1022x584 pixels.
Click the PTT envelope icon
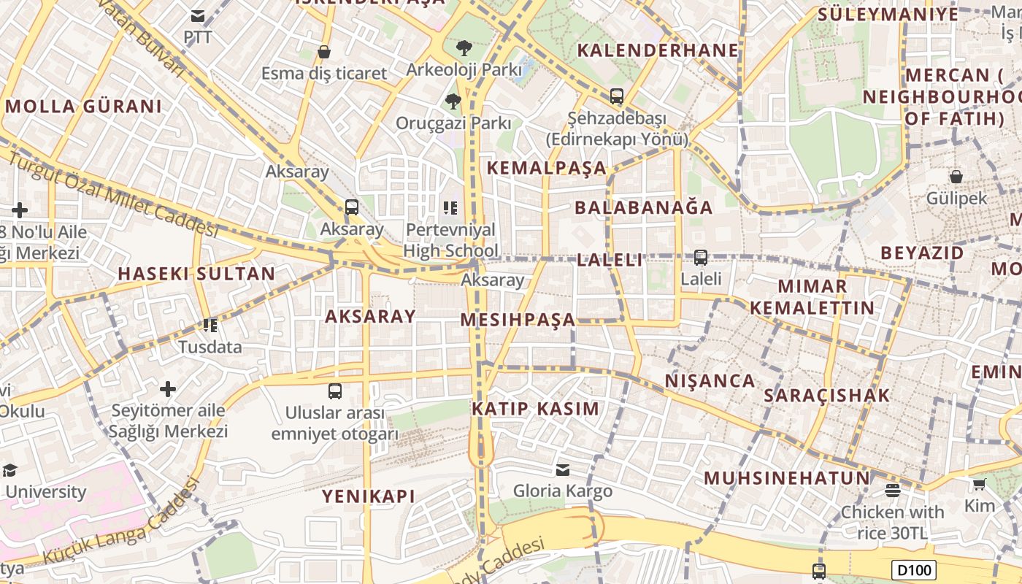pyautogui.click(x=198, y=16)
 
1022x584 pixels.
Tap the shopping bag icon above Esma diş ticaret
pyautogui.click(x=324, y=52)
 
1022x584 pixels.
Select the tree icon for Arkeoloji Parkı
pyautogui.click(x=464, y=49)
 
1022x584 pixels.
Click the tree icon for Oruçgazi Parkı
pyautogui.click(x=453, y=101)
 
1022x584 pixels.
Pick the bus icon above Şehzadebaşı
pyautogui.click(x=617, y=96)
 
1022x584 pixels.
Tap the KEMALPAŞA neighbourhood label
pyautogui.click(x=547, y=168)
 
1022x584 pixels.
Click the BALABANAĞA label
pyautogui.click(x=643, y=207)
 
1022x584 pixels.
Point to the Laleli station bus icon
pyautogui.click(x=701, y=258)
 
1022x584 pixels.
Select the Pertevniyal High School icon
pyautogui.click(x=450, y=209)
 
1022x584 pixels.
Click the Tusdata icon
pyautogui.click(x=210, y=326)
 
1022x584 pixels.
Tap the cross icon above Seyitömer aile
pyautogui.click(x=168, y=389)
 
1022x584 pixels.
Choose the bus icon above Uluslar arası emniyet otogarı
pyautogui.click(x=335, y=391)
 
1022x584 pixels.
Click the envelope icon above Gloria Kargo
pyautogui.click(x=563, y=469)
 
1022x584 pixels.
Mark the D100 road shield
pyautogui.click(x=913, y=569)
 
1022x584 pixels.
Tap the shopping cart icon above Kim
pyautogui.click(x=979, y=484)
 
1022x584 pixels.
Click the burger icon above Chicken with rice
pyautogui.click(x=892, y=490)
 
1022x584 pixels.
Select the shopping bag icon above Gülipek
pyautogui.click(x=956, y=177)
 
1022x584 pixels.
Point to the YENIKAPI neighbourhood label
pyautogui.click(x=369, y=496)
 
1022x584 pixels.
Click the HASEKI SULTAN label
pyautogui.click(x=196, y=274)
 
